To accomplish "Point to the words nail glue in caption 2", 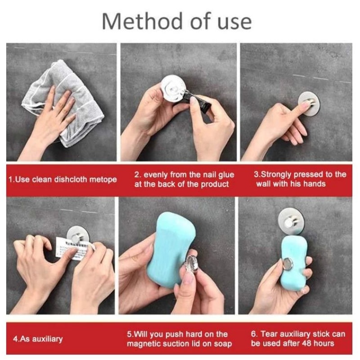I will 209,175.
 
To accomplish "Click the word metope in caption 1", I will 104,180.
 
